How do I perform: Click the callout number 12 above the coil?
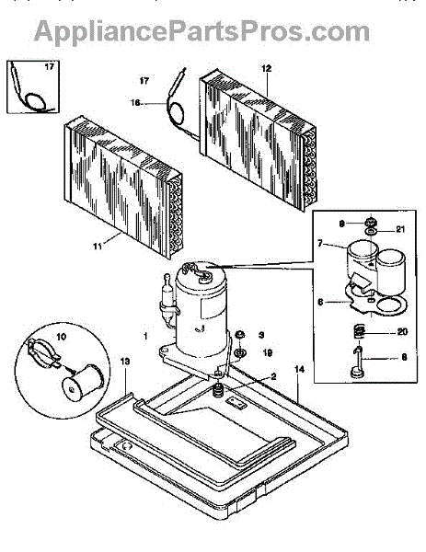click(x=267, y=68)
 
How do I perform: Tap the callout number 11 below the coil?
click(x=98, y=246)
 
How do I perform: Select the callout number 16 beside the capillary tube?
click(x=135, y=103)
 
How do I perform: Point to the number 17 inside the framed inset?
click(x=50, y=66)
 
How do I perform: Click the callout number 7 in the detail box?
click(x=319, y=243)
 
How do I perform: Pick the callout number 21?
click(x=400, y=229)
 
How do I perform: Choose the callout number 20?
click(x=402, y=331)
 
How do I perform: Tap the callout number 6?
click(x=320, y=302)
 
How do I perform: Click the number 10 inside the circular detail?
click(x=62, y=337)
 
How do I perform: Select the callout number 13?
click(x=125, y=362)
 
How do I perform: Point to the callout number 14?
click(x=299, y=369)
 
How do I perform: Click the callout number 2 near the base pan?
click(x=273, y=376)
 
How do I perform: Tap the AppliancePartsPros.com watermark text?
click(x=201, y=31)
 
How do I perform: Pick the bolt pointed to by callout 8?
click(x=358, y=362)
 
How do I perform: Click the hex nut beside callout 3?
click(x=240, y=334)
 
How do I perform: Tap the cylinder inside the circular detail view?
click(x=83, y=383)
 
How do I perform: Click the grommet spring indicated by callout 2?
click(x=219, y=390)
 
